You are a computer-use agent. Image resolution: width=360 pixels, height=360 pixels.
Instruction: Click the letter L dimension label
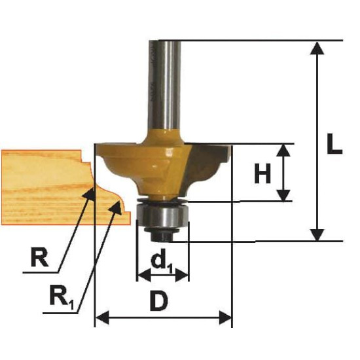click(334, 143)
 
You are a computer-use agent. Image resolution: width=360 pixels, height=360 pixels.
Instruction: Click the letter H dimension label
click(262, 173)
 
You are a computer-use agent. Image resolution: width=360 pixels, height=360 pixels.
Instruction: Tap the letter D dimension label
click(159, 300)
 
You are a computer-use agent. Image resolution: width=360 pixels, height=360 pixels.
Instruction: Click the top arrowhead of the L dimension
click(317, 48)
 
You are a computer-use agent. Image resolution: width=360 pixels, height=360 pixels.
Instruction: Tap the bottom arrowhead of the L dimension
click(317, 235)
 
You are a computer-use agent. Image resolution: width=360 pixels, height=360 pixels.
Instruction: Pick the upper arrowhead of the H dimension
click(283, 151)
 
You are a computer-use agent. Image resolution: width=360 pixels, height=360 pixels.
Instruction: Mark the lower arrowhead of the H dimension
click(283, 195)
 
